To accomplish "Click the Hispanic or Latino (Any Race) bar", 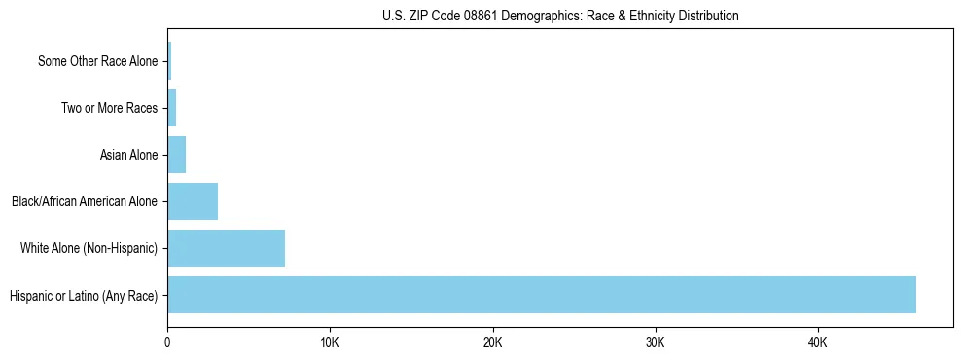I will point(541,295).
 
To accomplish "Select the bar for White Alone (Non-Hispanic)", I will point(226,248).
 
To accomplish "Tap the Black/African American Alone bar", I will point(193,201).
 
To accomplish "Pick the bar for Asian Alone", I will point(176,155).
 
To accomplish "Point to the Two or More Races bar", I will point(171,108).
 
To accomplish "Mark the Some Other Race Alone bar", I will point(169,61).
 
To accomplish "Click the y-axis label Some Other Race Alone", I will point(97,61).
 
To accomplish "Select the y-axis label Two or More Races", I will point(109,108).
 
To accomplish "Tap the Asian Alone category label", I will point(128,155).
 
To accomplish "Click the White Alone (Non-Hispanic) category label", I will point(89,248).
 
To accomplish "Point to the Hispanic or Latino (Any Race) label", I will point(84,295).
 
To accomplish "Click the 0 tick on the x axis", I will point(167,342).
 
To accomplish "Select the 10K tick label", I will point(330,342).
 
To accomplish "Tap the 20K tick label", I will point(492,342).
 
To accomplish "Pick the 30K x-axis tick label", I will point(655,342).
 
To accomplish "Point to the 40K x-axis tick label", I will point(817,342).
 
